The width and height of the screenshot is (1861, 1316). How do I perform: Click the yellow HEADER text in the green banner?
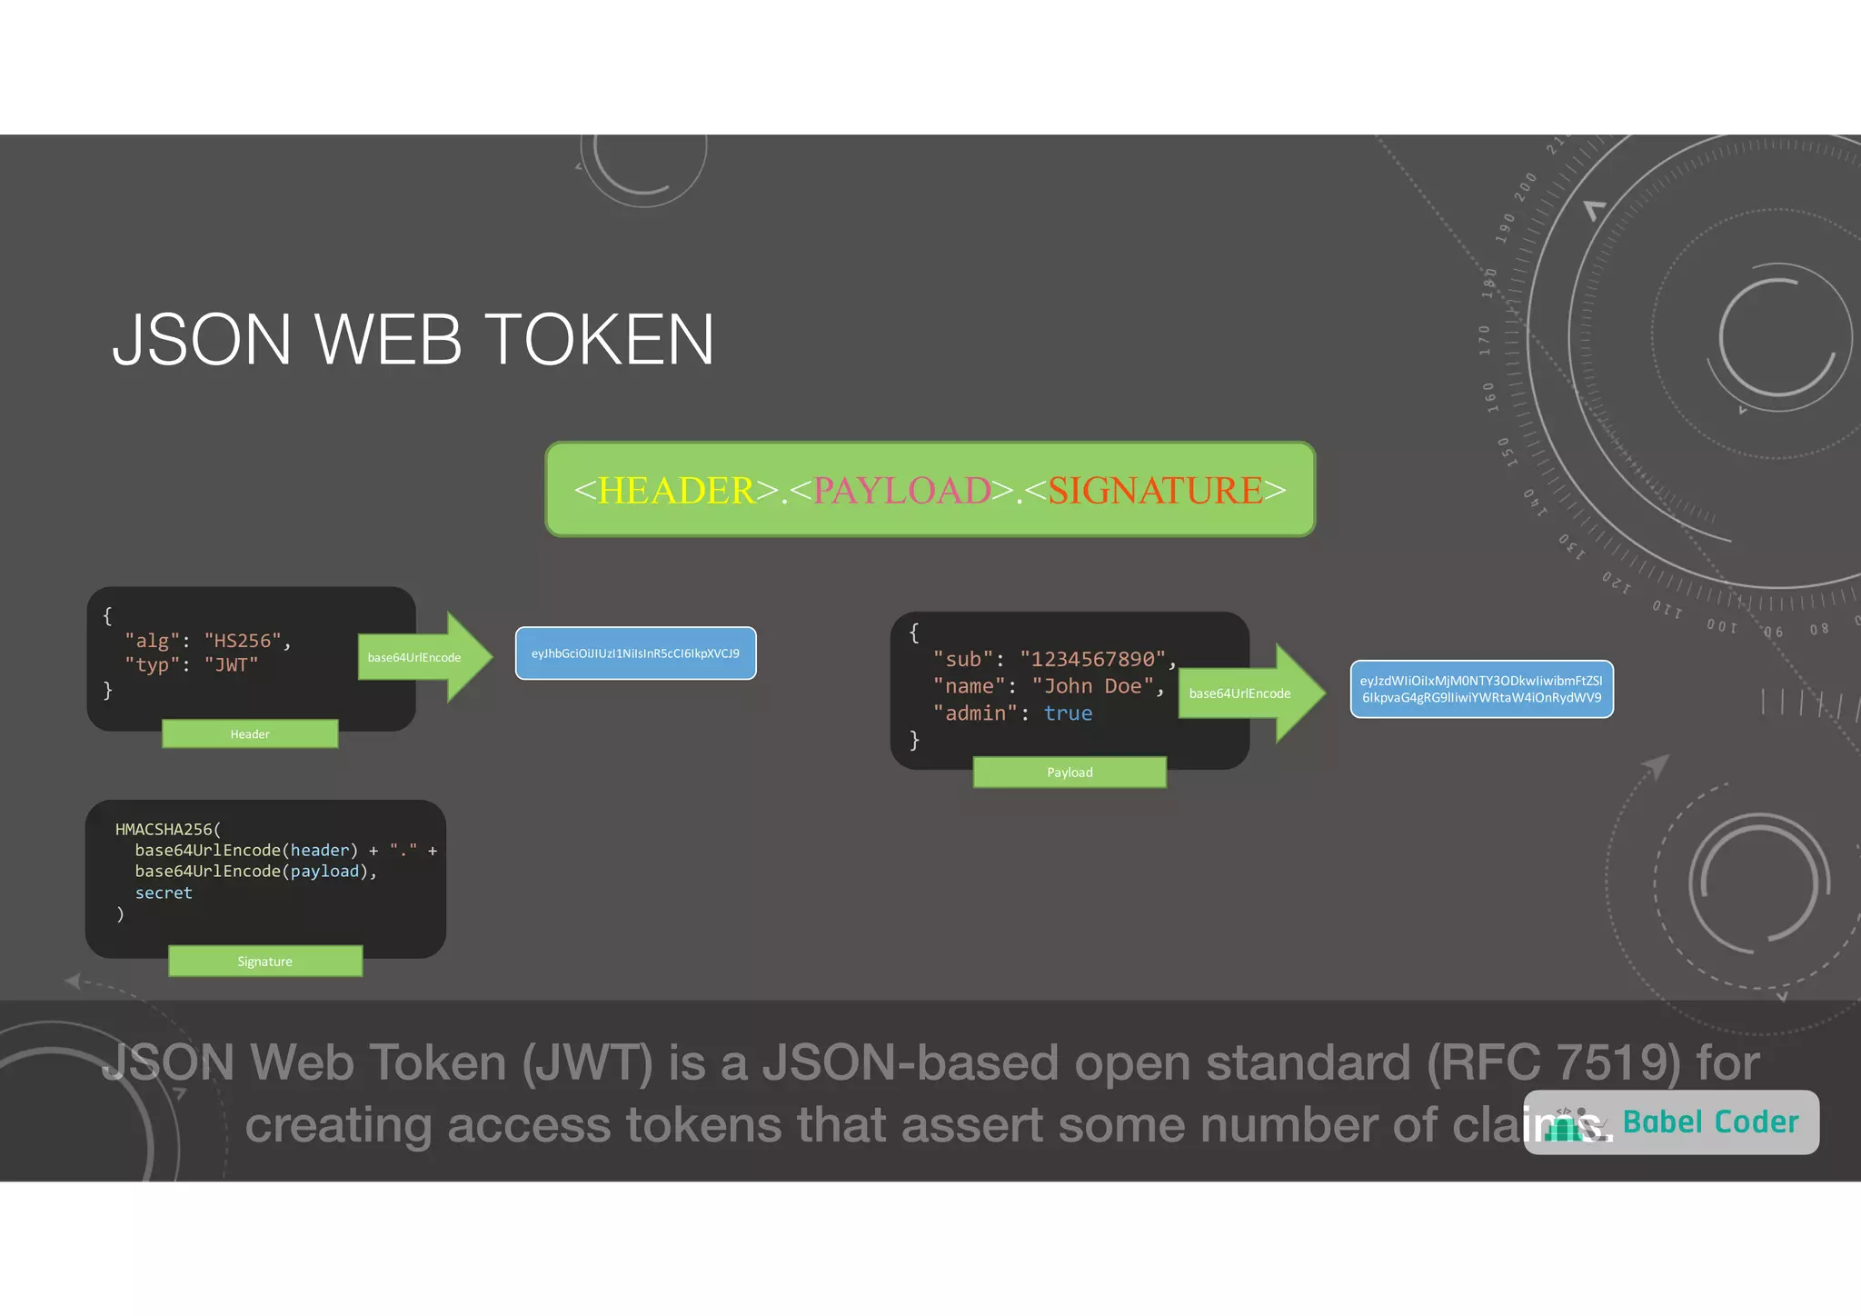[676, 491]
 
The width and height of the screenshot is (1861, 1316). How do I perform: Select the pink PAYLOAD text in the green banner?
[901, 491]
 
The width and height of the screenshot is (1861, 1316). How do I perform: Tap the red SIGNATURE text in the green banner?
[1155, 491]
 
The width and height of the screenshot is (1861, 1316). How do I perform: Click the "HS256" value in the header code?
[243, 641]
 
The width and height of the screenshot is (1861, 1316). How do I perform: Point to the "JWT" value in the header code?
[231, 665]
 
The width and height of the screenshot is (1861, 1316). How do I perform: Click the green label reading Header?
[250, 734]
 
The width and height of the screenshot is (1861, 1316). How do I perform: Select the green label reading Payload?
[1070, 773]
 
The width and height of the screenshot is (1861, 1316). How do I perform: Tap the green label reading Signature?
[265, 962]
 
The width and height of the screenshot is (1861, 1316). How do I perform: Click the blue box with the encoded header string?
[635, 653]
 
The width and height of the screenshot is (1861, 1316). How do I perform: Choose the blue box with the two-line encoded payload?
[1481, 689]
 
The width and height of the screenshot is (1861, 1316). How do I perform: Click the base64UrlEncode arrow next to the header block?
[423, 657]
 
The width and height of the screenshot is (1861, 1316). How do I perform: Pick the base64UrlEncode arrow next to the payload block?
[1249, 693]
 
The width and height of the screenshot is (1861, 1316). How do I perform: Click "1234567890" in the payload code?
[1092, 659]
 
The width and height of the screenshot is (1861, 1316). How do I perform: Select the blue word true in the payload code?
[1068, 713]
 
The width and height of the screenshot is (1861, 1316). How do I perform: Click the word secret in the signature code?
[164, 893]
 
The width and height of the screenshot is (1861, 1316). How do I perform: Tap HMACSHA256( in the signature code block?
[168, 829]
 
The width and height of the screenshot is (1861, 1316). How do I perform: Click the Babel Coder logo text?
[1710, 1122]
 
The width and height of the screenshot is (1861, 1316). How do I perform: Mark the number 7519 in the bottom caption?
[1617, 1062]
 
